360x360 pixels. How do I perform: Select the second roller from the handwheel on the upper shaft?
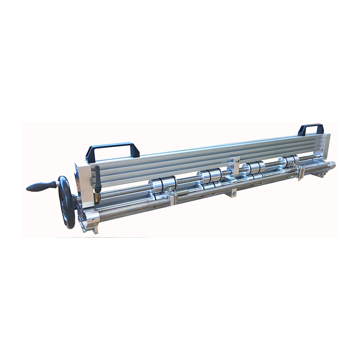pyautogui.click(x=210, y=174)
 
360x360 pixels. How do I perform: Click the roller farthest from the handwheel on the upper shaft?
pyautogui.click(x=289, y=161)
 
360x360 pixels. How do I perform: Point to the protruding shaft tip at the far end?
pyautogui.click(x=332, y=164)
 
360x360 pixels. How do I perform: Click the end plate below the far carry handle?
pyautogui.click(x=327, y=144)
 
